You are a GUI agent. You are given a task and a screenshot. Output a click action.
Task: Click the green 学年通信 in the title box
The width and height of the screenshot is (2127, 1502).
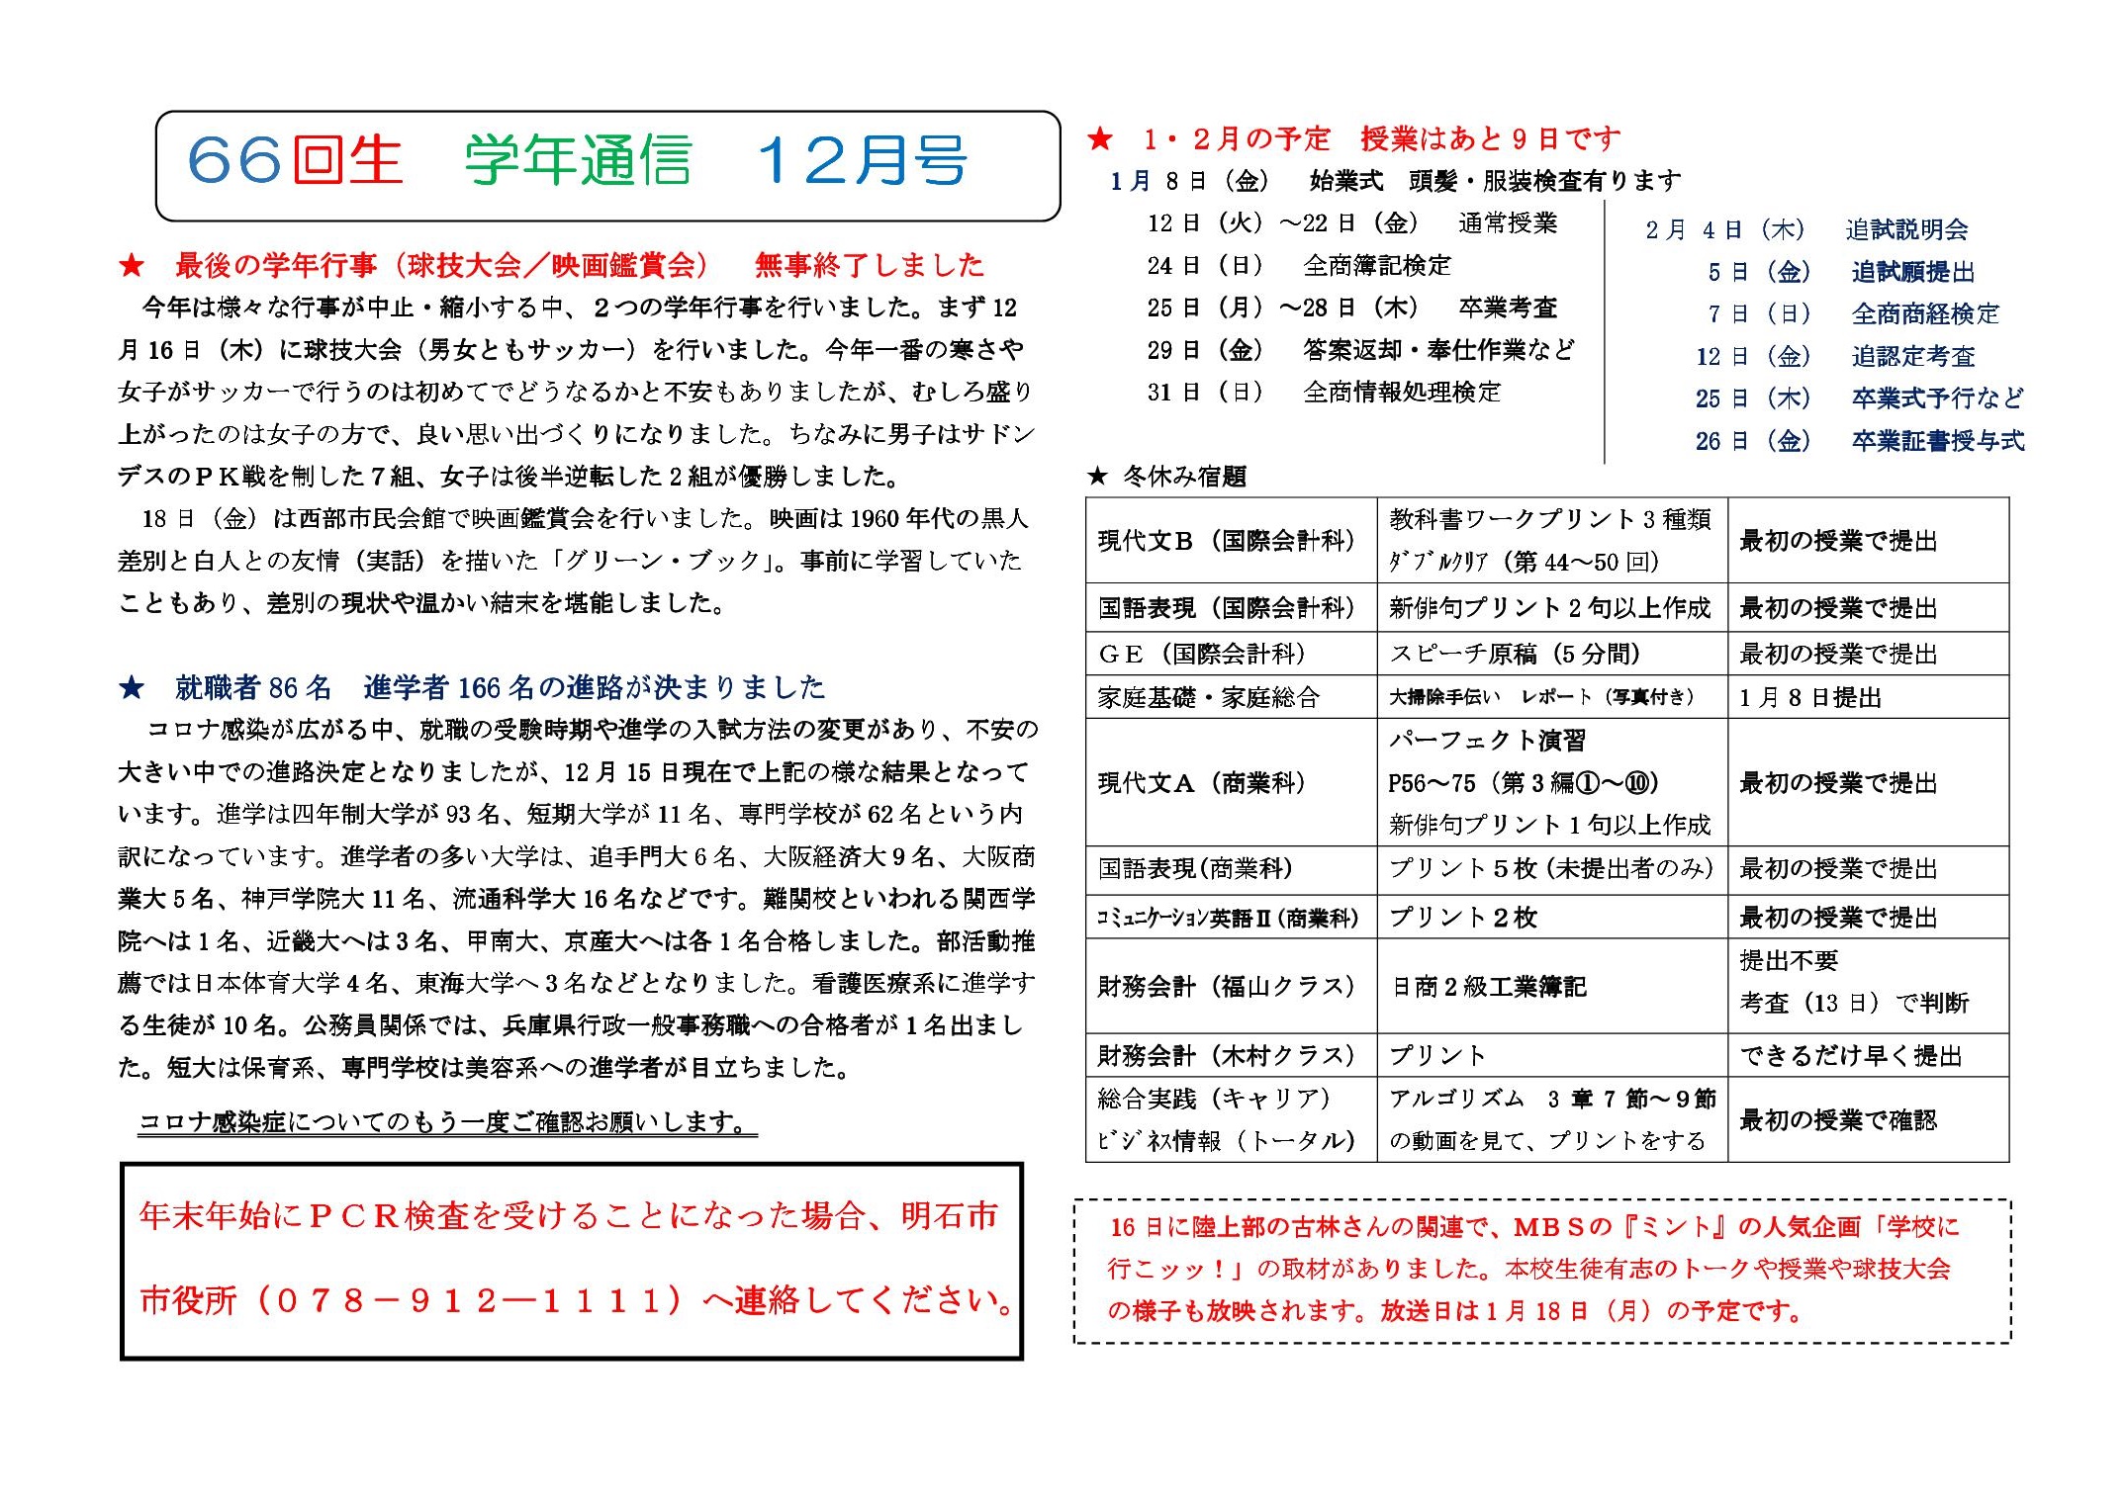tap(578, 160)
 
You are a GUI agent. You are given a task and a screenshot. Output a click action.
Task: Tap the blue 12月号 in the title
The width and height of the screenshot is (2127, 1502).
tap(862, 160)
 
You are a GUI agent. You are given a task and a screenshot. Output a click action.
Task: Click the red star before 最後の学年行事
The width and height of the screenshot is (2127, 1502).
tap(131, 265)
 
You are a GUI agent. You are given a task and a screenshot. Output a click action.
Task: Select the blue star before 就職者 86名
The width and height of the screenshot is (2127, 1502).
tap(131, 687)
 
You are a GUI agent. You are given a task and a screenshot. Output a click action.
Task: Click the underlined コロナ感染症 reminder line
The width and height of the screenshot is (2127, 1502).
tap(447, 1122)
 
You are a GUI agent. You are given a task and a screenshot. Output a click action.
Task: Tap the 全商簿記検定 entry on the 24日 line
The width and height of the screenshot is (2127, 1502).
tap(1377, 265)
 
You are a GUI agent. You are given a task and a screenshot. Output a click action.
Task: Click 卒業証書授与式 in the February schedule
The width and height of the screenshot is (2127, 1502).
tap(1937, 440)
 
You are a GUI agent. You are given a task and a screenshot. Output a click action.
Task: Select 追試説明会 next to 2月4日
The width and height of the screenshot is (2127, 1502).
tap(1906, 229)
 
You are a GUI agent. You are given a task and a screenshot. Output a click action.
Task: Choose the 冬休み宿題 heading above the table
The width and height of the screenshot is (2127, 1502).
tap(1183, 477)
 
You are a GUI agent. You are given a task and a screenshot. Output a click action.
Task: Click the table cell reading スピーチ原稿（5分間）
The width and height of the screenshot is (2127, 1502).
tap(1514, 654)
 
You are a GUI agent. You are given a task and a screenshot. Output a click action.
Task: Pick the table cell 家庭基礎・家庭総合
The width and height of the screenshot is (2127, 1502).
tap(1208, 697)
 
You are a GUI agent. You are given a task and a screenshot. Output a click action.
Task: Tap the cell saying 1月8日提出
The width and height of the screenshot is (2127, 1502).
tap(1809, 697)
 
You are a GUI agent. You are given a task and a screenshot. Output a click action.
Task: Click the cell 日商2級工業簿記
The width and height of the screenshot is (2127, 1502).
tap(1489, 986)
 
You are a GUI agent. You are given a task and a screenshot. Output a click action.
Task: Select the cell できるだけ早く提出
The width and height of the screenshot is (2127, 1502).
tap(1850, 1055)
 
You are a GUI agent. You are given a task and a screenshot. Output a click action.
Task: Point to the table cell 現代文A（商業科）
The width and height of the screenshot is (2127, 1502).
tap(1201, 782)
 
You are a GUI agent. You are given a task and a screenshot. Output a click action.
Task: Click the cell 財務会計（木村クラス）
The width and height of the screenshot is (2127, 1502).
tap(1226, 1055)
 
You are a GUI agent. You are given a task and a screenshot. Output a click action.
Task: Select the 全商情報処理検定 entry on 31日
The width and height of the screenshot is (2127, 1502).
tap(1401, 392)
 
